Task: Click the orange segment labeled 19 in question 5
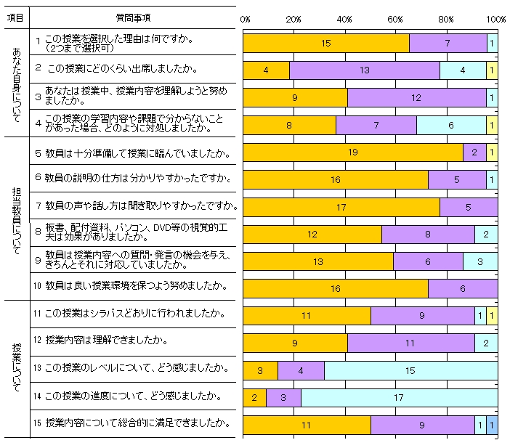[352, 152]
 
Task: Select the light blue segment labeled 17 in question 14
[399, 398]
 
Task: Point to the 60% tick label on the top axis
[396, 18]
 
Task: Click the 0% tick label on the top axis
[245, 18]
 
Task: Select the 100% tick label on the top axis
[496, 18]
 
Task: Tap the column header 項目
[15, 16]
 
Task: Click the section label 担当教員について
[17, 218]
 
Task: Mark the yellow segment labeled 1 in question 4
[492, 125]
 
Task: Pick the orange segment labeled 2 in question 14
[254, 398]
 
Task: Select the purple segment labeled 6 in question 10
[463, 288]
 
